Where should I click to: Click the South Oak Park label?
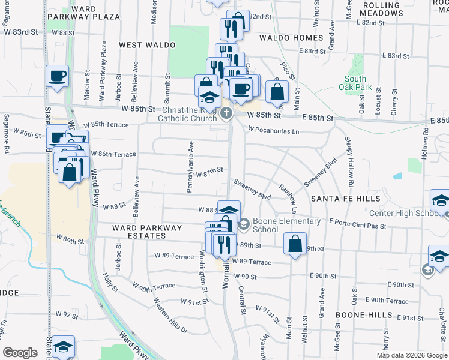click(x=355, y=83)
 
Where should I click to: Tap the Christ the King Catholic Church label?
click(x=187, y=114)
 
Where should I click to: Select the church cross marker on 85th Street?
click(x=226, y=113)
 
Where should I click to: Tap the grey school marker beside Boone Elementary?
click(x=243, y=225)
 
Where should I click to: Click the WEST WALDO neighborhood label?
click(x=147, y=45)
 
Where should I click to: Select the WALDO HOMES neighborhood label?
click(x=291, y=38)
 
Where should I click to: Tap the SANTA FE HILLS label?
click(x=345, y=198)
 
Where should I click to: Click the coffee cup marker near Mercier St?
click(x=57, y=76)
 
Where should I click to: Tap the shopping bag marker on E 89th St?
click(x=294, y=244)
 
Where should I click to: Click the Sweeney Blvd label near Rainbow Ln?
click(x=253, y=188)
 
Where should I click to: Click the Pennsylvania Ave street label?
click(x=191, y=166)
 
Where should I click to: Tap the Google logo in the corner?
click(x=20, y=353)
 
